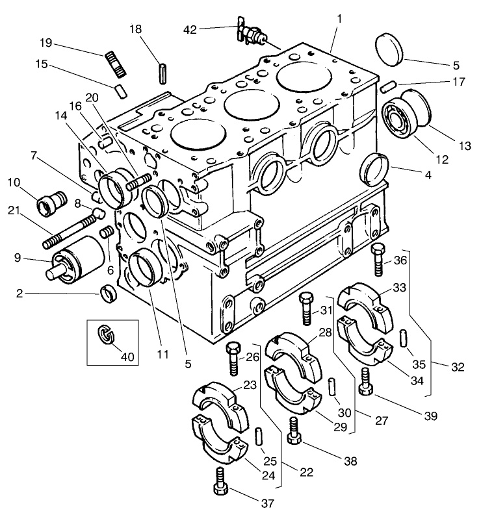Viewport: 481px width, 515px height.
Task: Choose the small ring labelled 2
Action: (109, 293)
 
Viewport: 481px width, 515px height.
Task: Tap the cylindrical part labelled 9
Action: (76, 258)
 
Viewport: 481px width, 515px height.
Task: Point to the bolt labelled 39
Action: (365, 382)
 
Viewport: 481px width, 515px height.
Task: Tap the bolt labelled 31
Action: (307, 308)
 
